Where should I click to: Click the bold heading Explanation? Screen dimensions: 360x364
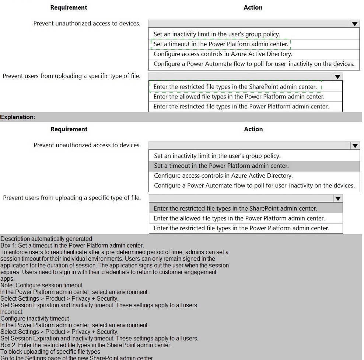click(x=18, y=117)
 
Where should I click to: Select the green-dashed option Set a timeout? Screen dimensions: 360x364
click(x=221, y=44)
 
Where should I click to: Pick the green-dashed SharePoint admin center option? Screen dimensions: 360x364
click(x=235, y=87)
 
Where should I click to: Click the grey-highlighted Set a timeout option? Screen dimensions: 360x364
click(x=221, y=166)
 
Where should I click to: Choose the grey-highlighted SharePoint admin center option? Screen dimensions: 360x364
click(x=235, y=208)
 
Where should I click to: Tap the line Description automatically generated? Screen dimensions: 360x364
click(x=46, y=239)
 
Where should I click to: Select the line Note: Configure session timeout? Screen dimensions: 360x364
click(x=41, y=285)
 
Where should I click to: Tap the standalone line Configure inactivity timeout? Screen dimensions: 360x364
click(x=35, y=319)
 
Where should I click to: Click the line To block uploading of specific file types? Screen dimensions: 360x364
click(x=50, y=352)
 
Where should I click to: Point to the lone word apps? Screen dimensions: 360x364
click(x=7, y=279)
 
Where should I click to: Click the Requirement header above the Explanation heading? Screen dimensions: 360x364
click(x=69, y=7)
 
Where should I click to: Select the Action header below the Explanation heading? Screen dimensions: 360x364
click(x=253, y=129)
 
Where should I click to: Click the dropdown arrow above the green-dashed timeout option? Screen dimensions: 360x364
click(x=354, y=24)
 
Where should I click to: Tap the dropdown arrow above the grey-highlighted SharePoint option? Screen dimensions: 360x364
click(x=337, y=198)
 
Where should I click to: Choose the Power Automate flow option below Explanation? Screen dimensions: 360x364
click(x=254, y=186)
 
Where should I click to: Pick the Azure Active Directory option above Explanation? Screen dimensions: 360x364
click(x=223, y=54)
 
